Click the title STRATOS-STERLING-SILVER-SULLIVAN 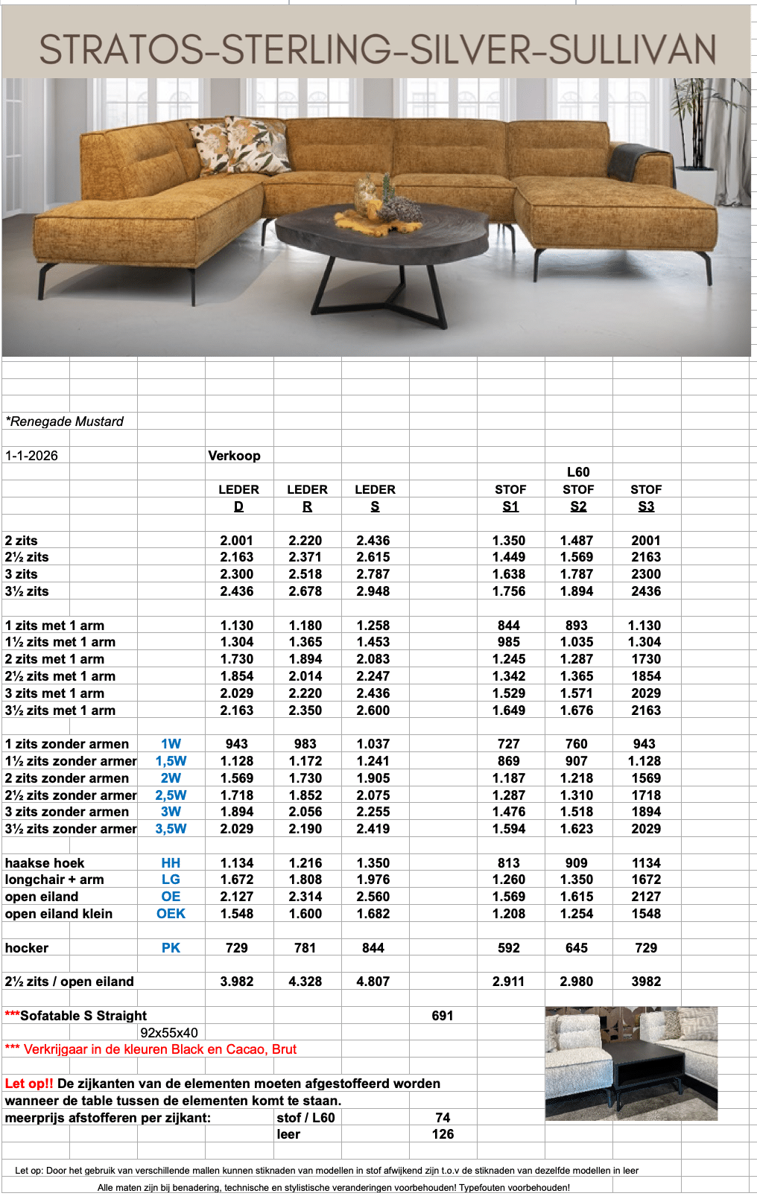coord(377,49)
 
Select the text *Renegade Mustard coord(65,422)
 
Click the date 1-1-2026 coord(31,456)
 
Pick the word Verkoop coord(234,456)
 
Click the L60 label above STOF coord(578,472)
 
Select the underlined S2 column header coord(578,506)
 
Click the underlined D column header coord(238,506)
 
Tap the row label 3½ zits coord(27,591)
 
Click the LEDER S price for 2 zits coord(373,541)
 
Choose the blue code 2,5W coord(171,795)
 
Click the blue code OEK coord(171,914)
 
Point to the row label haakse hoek coord(45,863)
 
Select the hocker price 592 coord(509,948)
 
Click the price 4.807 coord(373,982)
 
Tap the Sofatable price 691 coord(443,1016)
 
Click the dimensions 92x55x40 coord(169,1033)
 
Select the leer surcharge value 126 coord(443,1134)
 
